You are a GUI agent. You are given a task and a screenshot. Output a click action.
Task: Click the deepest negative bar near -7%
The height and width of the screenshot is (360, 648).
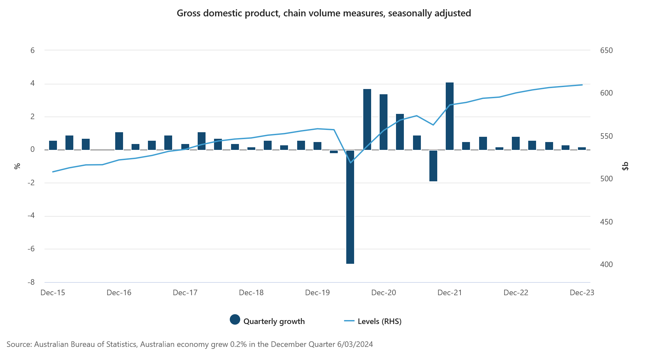click(350, 207)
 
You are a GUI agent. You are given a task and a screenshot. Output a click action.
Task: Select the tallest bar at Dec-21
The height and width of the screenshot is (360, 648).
click(450, 116)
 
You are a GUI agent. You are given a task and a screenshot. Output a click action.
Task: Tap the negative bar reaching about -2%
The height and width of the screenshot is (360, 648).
click(433, 166)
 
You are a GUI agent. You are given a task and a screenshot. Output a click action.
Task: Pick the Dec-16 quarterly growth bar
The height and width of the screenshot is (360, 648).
click(119, 141)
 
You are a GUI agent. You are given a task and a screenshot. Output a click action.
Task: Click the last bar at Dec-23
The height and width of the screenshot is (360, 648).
click(582, 149)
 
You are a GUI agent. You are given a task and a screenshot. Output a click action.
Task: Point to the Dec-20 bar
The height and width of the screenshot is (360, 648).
click(384, 122)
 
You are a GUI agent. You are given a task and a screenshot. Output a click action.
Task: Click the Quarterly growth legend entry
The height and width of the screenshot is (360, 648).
click(268, 321)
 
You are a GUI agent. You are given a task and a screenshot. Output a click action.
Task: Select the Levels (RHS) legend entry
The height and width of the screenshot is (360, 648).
click(373, 321)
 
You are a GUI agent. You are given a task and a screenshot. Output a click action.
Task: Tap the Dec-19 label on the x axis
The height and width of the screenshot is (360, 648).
click(317, 293)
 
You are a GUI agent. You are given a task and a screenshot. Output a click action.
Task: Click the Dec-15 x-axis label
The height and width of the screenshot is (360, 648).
click(53, 293)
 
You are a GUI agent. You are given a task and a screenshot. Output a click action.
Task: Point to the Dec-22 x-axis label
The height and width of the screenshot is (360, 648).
click(516, 293)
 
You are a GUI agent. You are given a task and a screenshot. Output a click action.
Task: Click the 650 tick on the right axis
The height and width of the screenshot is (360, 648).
click(606, 50)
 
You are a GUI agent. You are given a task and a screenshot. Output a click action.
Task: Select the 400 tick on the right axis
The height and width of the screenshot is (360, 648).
click(606, 264)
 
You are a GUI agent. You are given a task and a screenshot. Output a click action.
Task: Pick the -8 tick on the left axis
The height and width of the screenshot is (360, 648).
click(31, 282)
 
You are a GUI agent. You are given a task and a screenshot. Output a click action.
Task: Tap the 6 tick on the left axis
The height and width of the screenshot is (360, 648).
click(32, 50)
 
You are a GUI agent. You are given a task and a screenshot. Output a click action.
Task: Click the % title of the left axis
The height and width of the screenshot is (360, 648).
click(17, 166)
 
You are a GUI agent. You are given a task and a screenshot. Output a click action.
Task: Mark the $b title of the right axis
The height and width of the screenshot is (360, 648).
click(625, 166)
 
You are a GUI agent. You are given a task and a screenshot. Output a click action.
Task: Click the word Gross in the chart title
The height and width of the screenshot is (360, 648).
click(188, 13)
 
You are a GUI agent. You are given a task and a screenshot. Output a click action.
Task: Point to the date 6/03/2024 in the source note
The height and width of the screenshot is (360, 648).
click(355, 344)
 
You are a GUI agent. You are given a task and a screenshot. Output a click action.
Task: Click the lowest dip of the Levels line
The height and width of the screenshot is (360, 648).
click(351, 163)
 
